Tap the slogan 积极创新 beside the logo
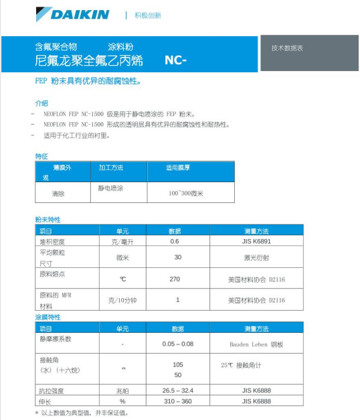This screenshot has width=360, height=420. [148, 15]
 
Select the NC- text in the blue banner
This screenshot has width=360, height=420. [175, 61]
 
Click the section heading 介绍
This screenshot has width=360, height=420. [41, 103]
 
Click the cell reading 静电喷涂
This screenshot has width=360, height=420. [111, 189]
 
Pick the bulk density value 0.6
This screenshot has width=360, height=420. [175, 240]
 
